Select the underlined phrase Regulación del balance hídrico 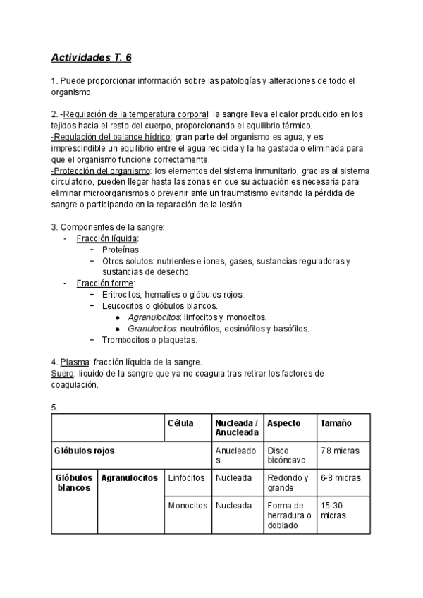point(111,136)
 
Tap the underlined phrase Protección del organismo point(101,171)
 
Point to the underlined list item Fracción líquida point(107,238)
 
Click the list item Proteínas point(121,250)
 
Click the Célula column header point(180,423)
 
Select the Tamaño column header point(336,423)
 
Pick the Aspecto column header point(284,423)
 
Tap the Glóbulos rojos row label point(85,450)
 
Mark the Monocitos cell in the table point(188,506)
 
